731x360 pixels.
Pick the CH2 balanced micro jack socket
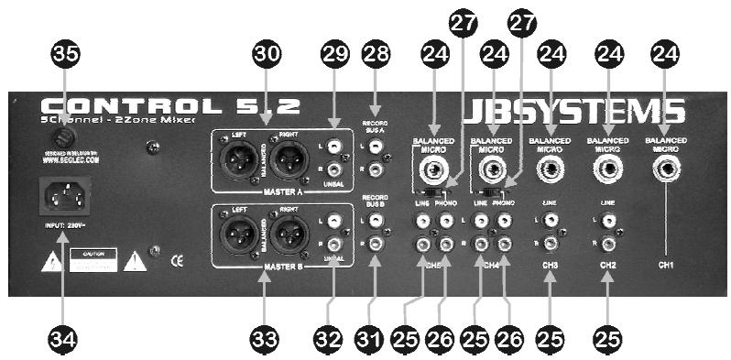(609, 169)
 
